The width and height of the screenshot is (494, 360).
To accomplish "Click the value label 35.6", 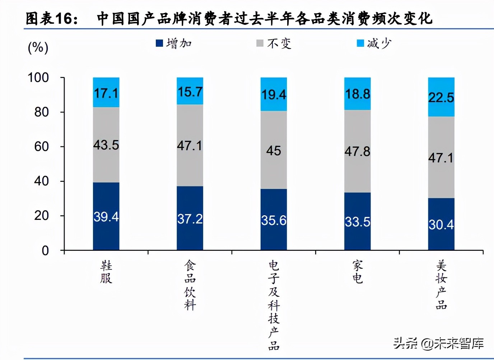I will click(x=274, y=220).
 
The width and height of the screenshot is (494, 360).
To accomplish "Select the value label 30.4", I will click(x=441, y=225).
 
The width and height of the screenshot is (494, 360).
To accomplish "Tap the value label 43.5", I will click(x=106, y=145).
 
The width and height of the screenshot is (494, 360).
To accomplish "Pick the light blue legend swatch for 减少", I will click(x=360, y=43).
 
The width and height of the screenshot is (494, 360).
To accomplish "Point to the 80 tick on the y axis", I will click(x=41, y=112).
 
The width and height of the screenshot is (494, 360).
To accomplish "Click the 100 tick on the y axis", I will click(x=38, y=78).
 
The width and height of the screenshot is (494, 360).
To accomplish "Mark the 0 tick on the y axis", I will click(x=45, y=250).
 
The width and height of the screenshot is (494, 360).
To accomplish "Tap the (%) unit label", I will click(x=38, y=47).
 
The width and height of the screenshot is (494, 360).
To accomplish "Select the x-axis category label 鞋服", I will click(x=106, y=272).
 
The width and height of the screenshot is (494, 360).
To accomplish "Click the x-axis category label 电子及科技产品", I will click(x=274, y=305).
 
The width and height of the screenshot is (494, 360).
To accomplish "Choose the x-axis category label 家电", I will click(x=357, y=272).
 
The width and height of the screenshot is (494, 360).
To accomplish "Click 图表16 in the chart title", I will click(x=52, y=19).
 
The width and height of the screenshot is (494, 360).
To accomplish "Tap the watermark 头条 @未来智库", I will click(x=438, y=343).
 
